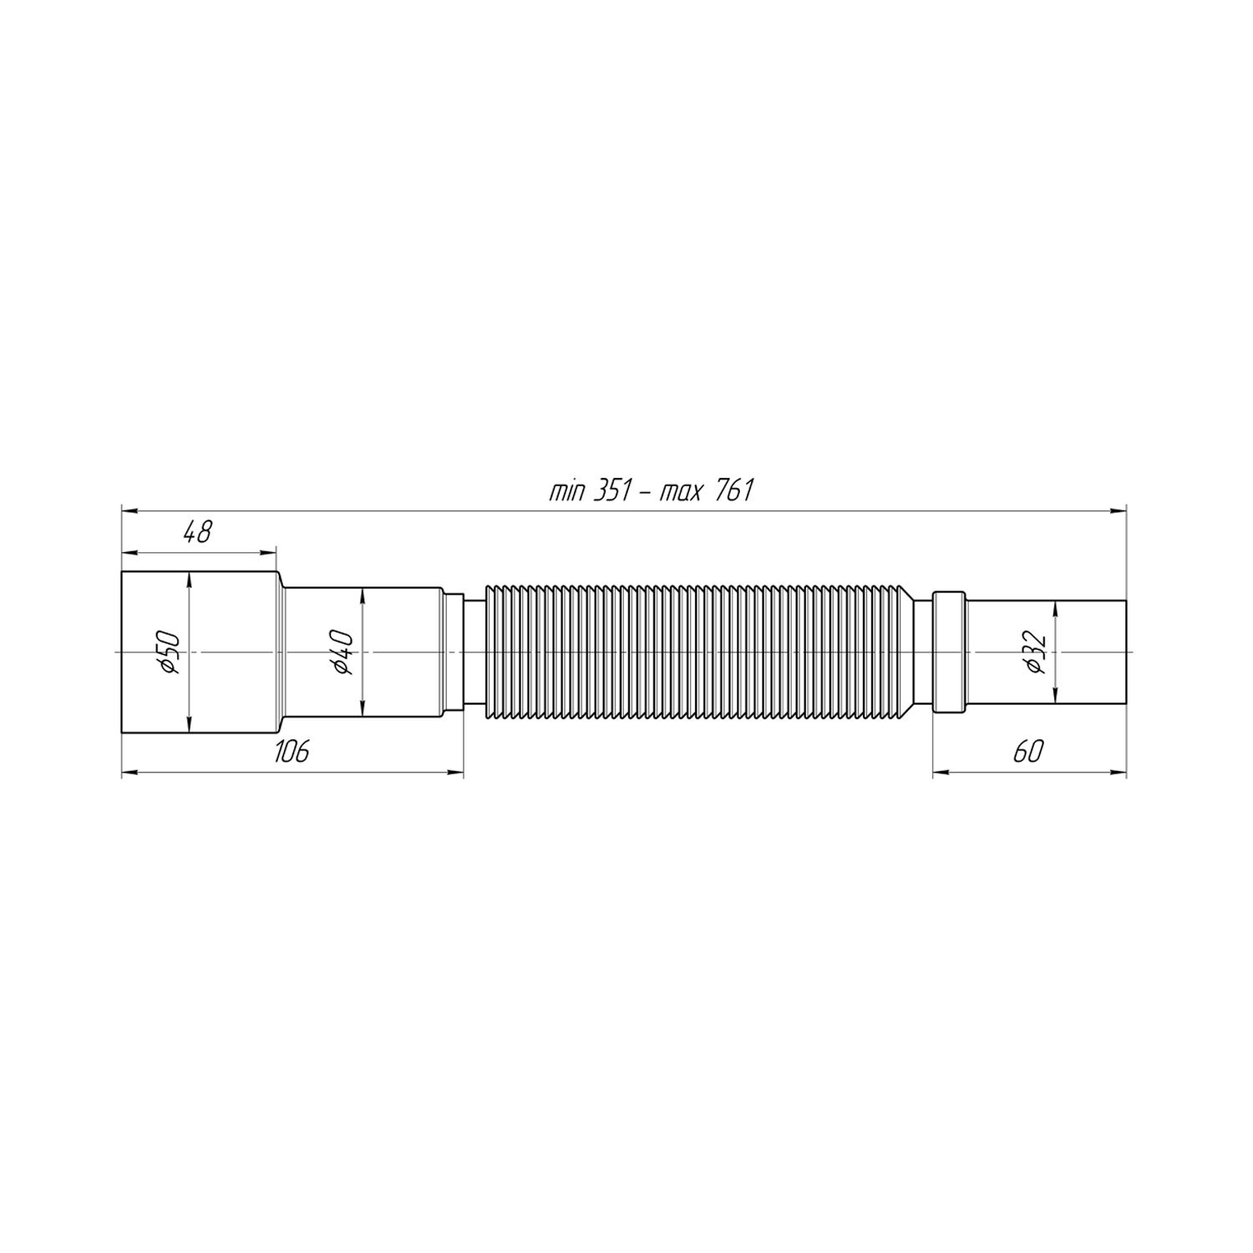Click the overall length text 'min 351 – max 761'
(651, 491)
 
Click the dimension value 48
(198, 532)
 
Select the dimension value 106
(292, 751)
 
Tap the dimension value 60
(1028, 751)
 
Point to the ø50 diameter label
(170, 652)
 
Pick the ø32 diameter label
(1036, 652)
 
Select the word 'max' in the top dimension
(681, 491)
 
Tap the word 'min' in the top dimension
(566, 491)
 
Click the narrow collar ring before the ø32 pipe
(948, 652)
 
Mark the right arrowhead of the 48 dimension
(269, 551)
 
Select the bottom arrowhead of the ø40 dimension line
(363, 710)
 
